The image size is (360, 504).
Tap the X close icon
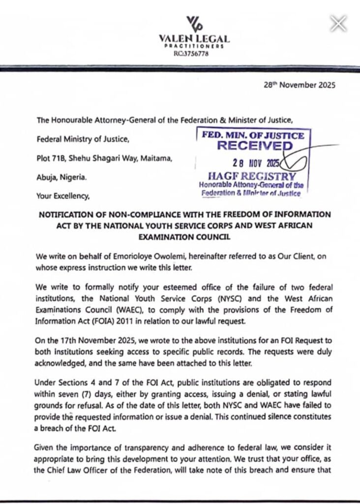pyautogui.click(x=338, y=23)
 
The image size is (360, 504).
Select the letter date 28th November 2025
pyautogui.click(x=300, y=85)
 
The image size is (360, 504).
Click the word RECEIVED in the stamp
pyautogui.click(x=254, y=146)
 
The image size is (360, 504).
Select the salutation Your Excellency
pyautogui.click(x=63, y=196)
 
